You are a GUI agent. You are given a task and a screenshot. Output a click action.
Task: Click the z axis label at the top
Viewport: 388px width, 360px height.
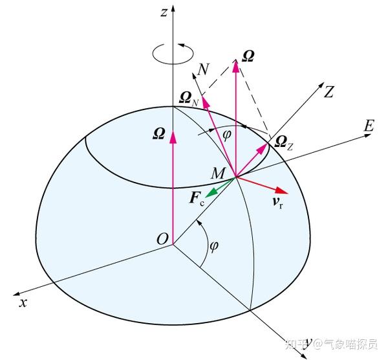(165, 12)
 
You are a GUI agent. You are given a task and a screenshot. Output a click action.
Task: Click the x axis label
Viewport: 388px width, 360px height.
(22, 302)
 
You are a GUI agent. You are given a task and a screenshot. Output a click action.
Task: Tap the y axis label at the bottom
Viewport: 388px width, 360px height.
(309, 341)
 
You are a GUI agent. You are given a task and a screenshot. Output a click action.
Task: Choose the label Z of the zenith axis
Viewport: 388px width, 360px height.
(329, 93)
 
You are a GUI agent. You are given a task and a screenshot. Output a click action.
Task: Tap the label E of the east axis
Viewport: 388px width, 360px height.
(369, 126)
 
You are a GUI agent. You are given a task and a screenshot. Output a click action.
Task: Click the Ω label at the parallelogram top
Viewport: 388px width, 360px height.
(246, 57)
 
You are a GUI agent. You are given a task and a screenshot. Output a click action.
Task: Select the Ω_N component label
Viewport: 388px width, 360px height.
(191, 98)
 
